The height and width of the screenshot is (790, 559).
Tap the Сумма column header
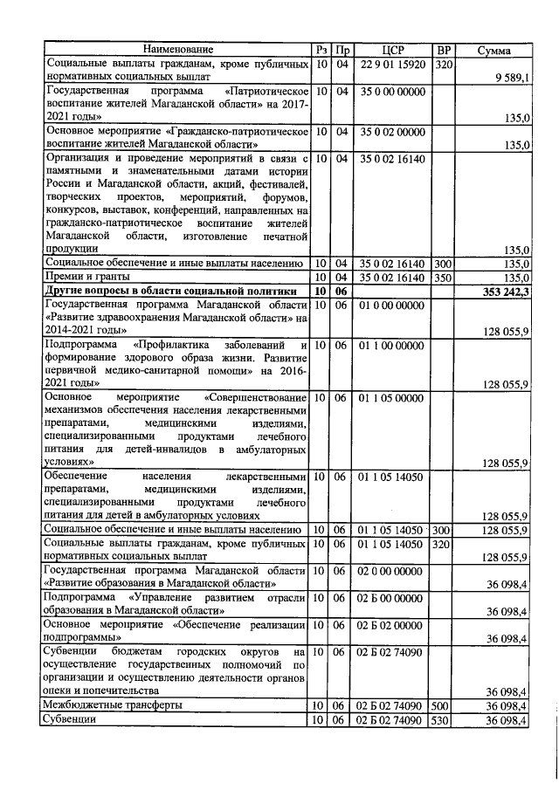tap(494, 51)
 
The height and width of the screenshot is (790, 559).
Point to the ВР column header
tap(444, 50)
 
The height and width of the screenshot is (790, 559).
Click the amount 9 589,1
tap(511, 78)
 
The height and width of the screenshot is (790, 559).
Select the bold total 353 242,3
tap(506, 292)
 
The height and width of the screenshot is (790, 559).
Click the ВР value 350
tap(443, 278)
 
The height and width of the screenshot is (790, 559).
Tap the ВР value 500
tap(443, 704)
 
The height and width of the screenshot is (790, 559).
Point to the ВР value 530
tap(443, 719)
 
